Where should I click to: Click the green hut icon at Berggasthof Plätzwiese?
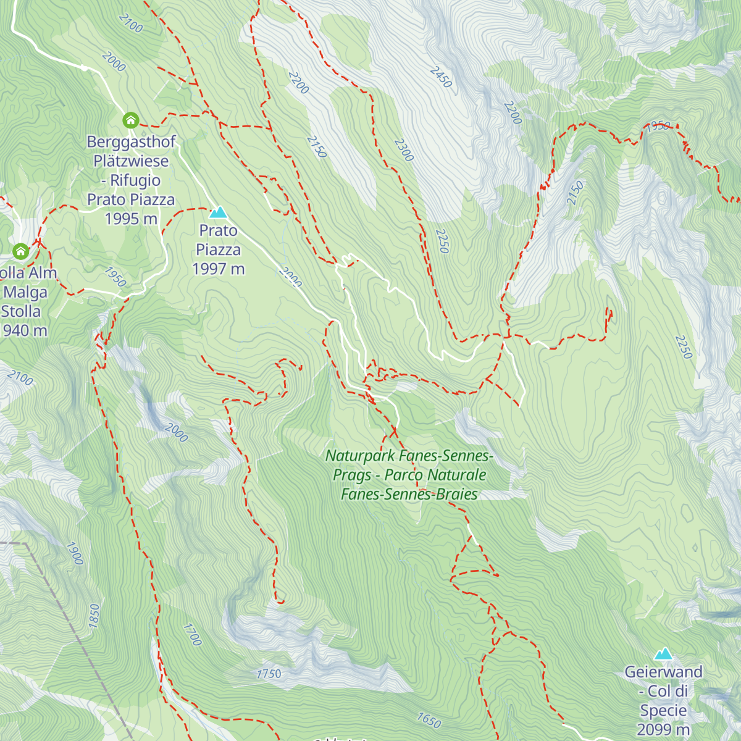coord(130,120)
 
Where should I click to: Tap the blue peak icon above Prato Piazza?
coord(218,213)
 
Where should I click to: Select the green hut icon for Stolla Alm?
coord(21,251)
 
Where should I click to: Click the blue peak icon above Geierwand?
coord(664,654)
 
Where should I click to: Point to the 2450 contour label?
coord(441,77)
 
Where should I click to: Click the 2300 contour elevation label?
coord(403,150)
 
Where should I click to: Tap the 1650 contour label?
coord(429,720)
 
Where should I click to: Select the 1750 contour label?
coord(269,674)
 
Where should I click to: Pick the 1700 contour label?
coord(193,634)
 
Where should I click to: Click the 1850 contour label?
coord(94,616)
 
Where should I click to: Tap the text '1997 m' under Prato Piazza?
coord(219,269)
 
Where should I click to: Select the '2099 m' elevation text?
coord(663,729)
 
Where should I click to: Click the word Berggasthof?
coord(131,142)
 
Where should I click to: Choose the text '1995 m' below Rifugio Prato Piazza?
coord(131,219)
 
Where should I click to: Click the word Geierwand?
coord(664,672)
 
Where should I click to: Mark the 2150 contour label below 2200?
coord(316,146)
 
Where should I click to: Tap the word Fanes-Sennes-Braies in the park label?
coord(409,495)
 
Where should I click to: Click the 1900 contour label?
coord(75,553)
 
